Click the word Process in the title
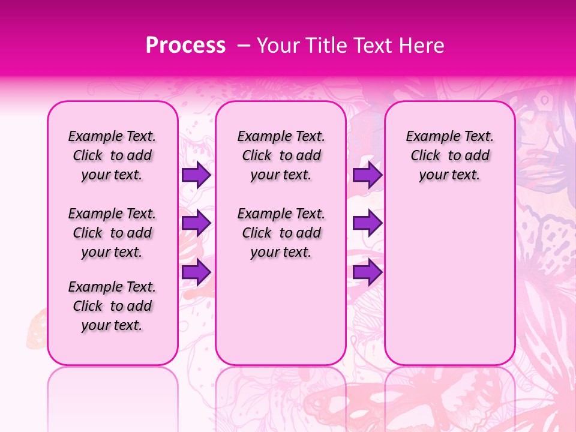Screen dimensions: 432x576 click(185, 46)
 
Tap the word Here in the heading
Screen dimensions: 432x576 click(421, 46)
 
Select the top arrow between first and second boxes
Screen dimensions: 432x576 click(196, 175)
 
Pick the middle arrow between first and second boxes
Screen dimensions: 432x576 click(196, 223)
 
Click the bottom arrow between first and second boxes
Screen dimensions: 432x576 click(196, 272)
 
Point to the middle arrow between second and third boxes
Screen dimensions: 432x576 click(367, 223)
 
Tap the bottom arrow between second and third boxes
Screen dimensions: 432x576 click(367, 272)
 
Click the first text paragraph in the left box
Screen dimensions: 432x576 click(112, 155)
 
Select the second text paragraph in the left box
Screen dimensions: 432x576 click(112, 233)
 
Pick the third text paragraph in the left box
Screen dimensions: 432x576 click(112, 306)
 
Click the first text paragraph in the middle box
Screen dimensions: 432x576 click(281, 155)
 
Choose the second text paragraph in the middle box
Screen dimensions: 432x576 click(281, 233)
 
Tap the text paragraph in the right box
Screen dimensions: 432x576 click(450, 155)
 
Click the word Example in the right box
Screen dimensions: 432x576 click(428, 137)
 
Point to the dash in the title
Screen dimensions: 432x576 click(244, 46)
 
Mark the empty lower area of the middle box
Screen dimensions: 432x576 click(281, 312)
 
